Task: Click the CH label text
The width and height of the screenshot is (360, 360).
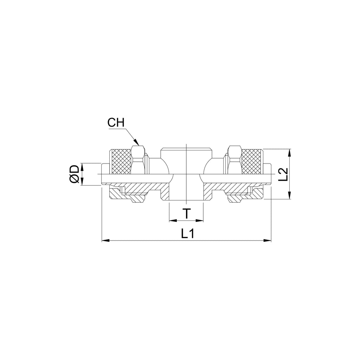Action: [116, 123]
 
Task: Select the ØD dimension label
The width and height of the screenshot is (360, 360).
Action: [74, 174]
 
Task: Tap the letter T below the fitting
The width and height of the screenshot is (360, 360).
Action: [187, 214]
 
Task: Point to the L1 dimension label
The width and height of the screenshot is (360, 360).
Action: [188, 234]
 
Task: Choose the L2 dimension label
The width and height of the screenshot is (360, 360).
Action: [283, 174]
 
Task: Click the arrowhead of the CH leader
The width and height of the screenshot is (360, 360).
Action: [137, 142]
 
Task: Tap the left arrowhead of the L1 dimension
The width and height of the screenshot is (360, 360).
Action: [105, 240]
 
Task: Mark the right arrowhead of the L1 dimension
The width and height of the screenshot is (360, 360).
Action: [268, 240]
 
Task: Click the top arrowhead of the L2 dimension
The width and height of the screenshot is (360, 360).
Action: [290, 152]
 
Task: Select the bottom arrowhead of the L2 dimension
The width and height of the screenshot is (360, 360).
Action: [290, 195]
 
